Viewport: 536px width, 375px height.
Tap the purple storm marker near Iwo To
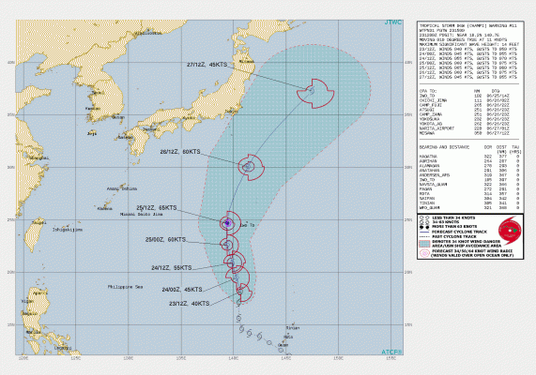(226, 222)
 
